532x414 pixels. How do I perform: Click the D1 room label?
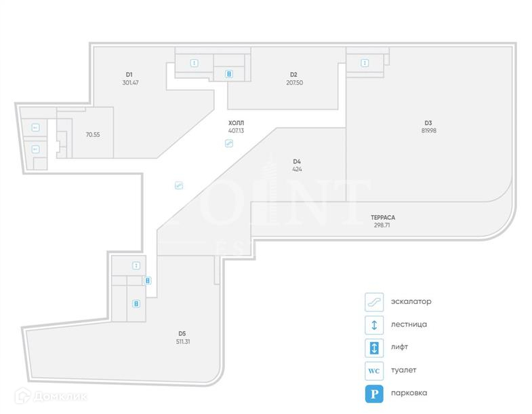tap(129, 74)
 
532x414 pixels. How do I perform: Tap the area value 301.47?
tap(131, 83)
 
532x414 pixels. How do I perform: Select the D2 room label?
tap(293, 75)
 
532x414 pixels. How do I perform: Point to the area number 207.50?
tap(295, 83)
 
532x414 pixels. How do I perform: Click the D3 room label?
tap(428, 123)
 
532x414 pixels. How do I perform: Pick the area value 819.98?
tap(428, 130)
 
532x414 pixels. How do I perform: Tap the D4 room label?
tap(297, 162)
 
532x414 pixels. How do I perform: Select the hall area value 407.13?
tap(236, 130)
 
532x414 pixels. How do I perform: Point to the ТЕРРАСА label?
tap(383, 217)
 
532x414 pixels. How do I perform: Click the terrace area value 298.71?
tap(381, 225)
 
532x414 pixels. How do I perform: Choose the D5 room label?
tap(182, 333)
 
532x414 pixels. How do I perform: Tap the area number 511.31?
tap(182, 341)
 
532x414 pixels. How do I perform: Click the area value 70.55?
tap(93, 134)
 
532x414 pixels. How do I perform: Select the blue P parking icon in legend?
tap(373, 393)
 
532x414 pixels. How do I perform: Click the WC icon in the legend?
tap(373, 371)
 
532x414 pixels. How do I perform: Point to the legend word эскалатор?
tap(411, 301)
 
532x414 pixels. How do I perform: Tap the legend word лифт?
tap(399, 347)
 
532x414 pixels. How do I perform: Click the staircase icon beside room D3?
tap(365, 63)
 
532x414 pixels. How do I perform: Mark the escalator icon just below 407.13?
tap(229, 143)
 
